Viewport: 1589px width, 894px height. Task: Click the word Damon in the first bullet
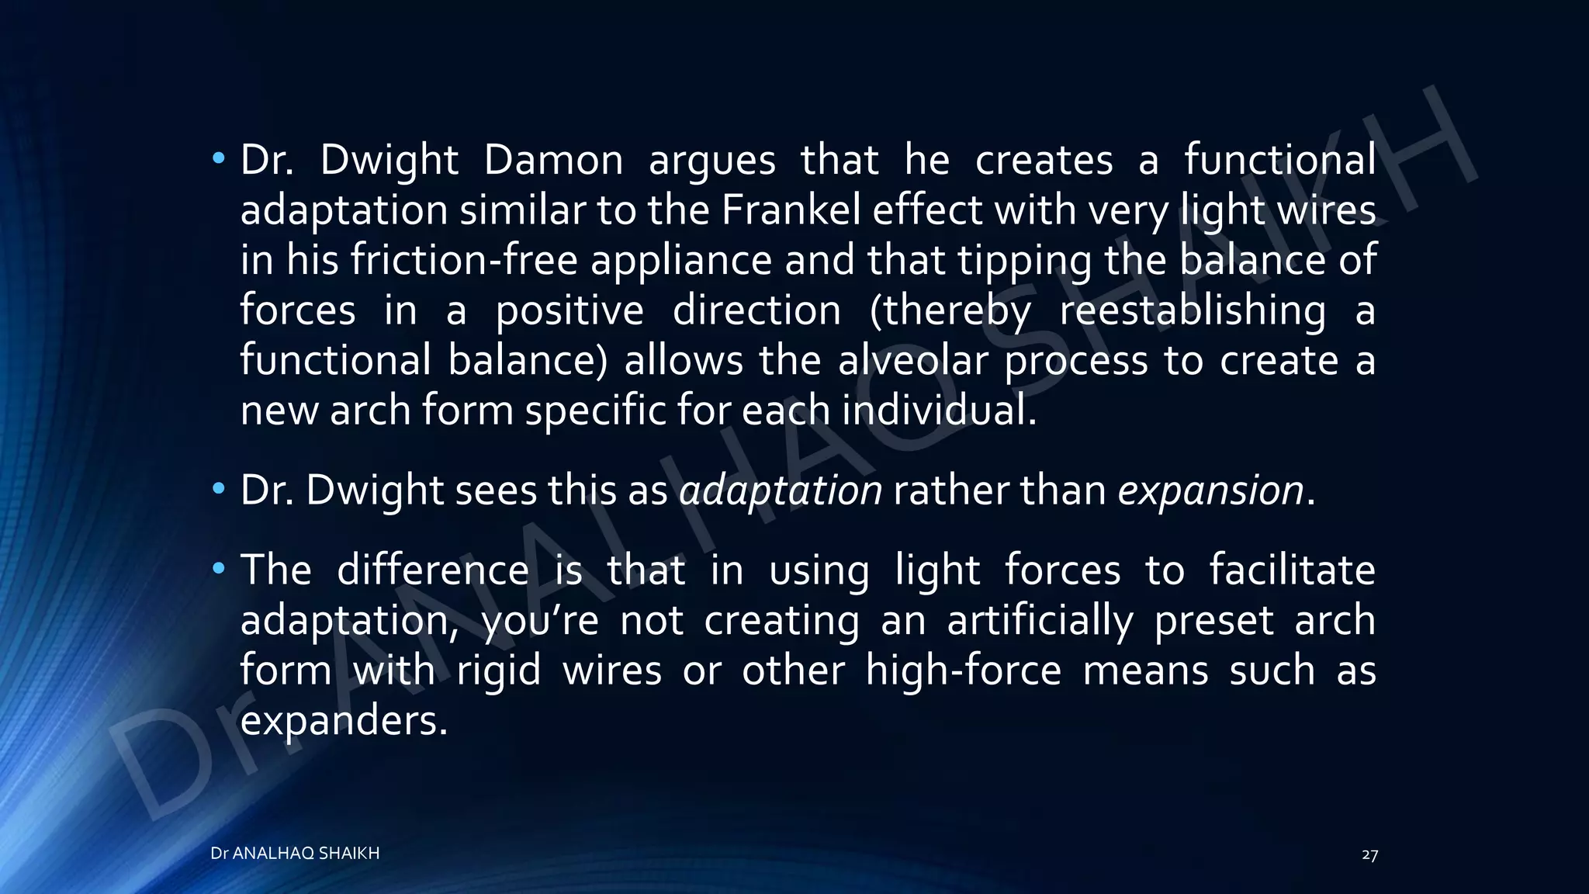[x=553, y=161]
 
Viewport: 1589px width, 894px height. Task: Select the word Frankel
[x=791, y=210]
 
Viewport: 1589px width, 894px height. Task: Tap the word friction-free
[x=463, y=260]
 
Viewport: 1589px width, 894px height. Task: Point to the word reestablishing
[x=1193, y=310]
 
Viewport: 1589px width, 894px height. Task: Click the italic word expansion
[x=1210, y=491]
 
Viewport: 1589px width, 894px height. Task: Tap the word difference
[x=433, y=570]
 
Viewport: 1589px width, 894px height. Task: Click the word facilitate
[x=1292, y=570]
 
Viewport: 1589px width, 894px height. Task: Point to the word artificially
[x=1040, y=621]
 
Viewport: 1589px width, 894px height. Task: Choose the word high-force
[x=963, y=670]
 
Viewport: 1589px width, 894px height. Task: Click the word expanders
[x=344, y=721]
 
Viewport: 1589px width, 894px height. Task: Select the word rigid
[x=498, y=670]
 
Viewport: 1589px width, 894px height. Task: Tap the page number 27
[x=1369, y=855]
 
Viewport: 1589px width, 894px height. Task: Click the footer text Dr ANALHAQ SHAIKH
[x=295, y=854]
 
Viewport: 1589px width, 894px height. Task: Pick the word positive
[x=569, y=310]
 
